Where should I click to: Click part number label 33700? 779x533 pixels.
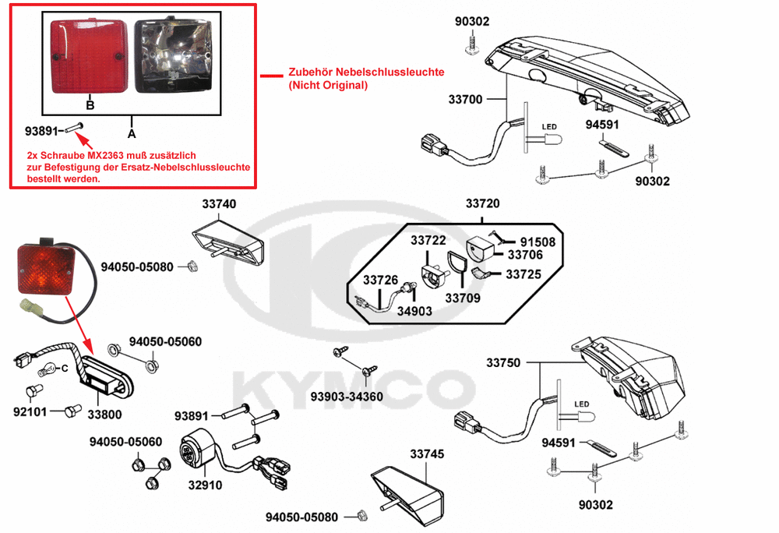click(465, 100)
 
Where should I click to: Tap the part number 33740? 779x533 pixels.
click(219, 204)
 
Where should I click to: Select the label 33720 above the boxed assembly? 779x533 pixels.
click(483, 204)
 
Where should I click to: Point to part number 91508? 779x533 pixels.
click(538, 242)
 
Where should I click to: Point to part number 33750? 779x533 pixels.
click(504, 363)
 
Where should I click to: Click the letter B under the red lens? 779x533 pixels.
click(90, 104)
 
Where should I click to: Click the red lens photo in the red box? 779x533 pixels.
click(86, 57)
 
